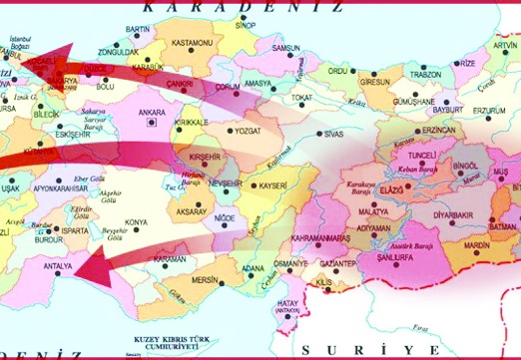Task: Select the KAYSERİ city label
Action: (x=273, y=185)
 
